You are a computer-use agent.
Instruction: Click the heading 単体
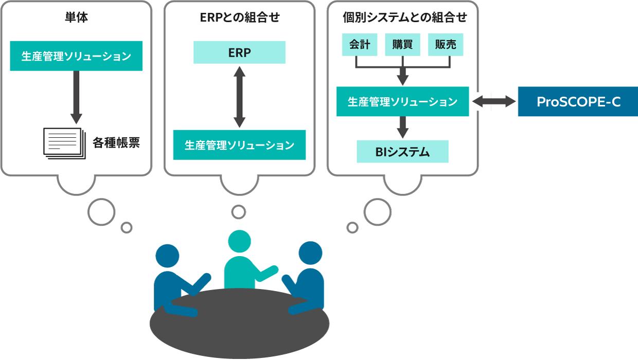76,18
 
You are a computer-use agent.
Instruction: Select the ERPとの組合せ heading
239,18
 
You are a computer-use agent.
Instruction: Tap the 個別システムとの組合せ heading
404,18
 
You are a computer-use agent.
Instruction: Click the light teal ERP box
239,52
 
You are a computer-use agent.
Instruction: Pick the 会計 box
360,45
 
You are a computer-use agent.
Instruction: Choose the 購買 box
402,45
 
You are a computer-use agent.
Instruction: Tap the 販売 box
446,45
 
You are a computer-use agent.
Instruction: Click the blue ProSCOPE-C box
578,101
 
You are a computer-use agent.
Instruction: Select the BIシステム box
402,152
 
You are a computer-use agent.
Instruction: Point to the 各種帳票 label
116,142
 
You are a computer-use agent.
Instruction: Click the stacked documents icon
63,142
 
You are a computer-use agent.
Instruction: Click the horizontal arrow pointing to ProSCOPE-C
494,101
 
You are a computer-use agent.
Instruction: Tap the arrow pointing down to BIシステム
403,128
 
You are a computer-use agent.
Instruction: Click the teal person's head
239,242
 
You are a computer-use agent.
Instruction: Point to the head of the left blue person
167,256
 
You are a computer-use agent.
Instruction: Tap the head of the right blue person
310,253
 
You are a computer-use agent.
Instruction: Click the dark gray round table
239,329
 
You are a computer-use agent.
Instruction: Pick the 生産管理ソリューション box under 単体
76,56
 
